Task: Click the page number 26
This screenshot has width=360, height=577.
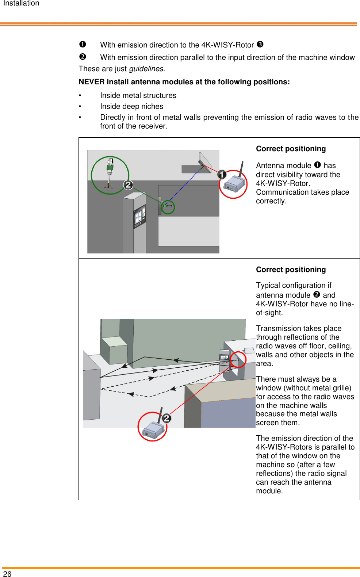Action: [7, 574]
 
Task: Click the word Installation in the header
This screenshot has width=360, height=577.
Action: [21, 3]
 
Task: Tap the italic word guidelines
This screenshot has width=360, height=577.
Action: [146, 69]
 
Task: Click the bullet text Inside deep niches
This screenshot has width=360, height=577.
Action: [131, 106]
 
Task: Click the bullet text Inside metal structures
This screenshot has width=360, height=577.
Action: [138, 95]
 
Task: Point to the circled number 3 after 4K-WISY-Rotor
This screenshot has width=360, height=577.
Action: [260, 45]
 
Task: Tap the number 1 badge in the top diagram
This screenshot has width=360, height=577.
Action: [222, 175]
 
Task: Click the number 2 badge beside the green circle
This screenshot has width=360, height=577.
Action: [128, 185]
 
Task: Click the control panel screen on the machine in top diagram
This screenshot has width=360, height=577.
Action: [139, 216]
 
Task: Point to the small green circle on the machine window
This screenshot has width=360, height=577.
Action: [168, 207]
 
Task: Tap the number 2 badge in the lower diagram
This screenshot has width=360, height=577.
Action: [166, 418]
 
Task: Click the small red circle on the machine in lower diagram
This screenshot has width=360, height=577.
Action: [238, 359]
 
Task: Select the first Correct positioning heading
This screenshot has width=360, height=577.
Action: [291, 149]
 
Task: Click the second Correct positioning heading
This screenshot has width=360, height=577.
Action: [291, 270]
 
